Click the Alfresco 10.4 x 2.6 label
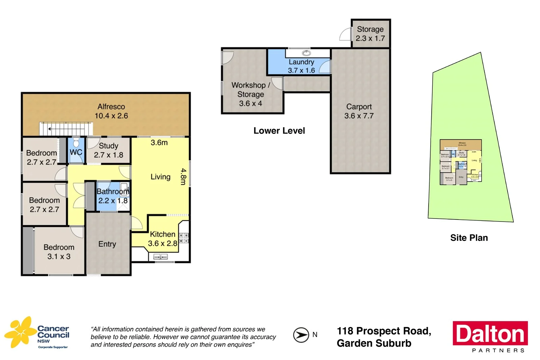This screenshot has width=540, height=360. point(111,111)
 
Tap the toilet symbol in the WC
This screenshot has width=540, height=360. point(76,142)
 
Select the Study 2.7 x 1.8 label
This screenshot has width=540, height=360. point(108,150)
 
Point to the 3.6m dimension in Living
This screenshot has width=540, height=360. point(159,143)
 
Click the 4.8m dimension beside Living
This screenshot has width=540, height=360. point(183,177)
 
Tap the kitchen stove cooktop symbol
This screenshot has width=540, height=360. point(184,237)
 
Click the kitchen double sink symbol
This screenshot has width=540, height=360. point(161,257)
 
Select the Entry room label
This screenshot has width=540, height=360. point(107,244)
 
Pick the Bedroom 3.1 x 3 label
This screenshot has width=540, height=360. point(59,252)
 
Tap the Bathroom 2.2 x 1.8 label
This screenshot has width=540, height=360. point(113,196)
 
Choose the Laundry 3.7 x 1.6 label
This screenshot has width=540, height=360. point(301,66)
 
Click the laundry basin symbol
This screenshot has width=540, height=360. point(306,53)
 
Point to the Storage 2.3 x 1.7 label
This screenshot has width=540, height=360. point(370,34)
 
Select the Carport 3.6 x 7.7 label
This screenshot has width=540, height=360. point(359,111)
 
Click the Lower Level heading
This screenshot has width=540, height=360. point(279,131)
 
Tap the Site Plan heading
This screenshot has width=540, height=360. point(469,238)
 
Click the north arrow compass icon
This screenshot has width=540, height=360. point(301,335)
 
